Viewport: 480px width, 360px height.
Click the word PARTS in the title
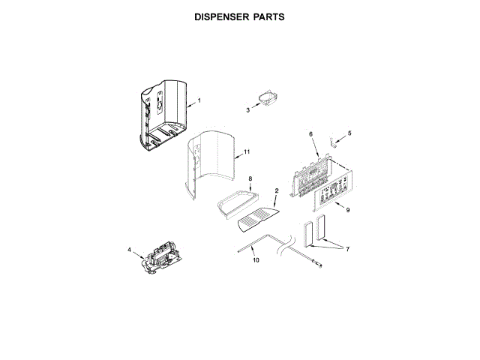click(x=268, y=16)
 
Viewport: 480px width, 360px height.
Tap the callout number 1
click(x=199, y=101)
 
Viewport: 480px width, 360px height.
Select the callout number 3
click(x=247, y=110)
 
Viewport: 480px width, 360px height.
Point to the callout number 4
click(x=128, y=249)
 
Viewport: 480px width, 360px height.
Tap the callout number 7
click(x=347, y=249)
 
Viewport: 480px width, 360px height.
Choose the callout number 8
click(x=250, y=178)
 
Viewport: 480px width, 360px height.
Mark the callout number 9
click(x=347, y=210)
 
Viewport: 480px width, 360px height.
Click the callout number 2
click(x=276, y=191)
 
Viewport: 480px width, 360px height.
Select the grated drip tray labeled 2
click(x=257, y=219)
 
